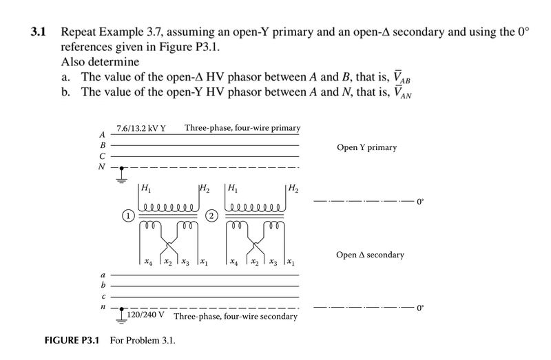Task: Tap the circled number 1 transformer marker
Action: coord(128,215)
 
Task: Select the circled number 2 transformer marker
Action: coord(213,215)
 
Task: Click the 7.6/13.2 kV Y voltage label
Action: coord(141,128)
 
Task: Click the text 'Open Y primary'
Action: coord(366,147)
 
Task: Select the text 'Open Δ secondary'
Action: coord(370,255)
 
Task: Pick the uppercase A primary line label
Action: coord(103,135)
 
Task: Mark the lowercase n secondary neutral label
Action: coord(103,308)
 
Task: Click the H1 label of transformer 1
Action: coord(146,187)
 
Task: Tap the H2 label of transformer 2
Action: coord(293,187)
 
